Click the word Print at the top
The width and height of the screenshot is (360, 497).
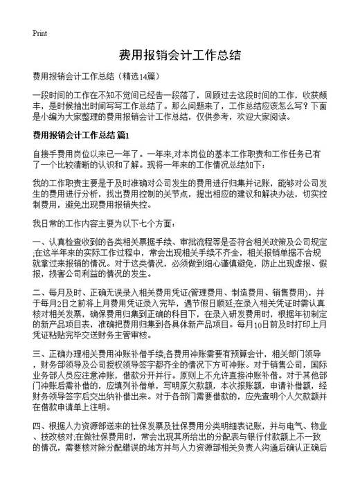pos(39,33)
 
